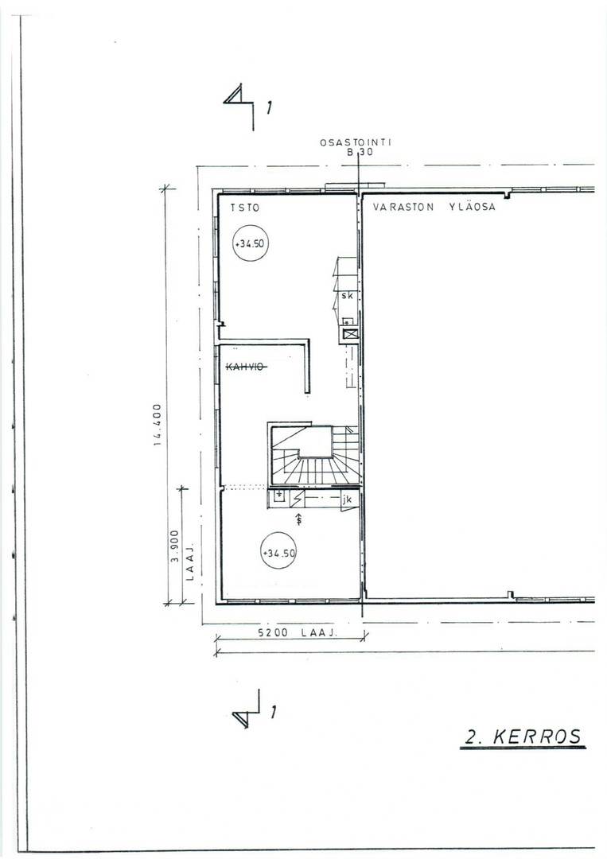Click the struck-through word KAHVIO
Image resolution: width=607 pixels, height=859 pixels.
click(247, 367)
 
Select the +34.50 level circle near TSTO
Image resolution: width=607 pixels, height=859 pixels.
click(251, 243)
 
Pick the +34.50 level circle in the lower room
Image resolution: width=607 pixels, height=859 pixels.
click(279, 551)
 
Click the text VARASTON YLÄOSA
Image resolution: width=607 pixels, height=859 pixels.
click(434, 207)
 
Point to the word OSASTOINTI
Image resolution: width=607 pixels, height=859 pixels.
click(356, 142)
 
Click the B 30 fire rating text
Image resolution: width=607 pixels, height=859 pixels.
click(360, 152)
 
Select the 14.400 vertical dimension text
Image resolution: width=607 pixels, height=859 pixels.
click(158, 425)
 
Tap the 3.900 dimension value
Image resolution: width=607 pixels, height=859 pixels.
click(174, 545)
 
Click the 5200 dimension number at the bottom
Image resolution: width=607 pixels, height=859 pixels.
click(273, 633)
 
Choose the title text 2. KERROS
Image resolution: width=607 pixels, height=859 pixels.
click(523, 736)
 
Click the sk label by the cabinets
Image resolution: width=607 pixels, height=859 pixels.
click(347, 295)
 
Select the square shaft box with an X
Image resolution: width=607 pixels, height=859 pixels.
click(349, 332)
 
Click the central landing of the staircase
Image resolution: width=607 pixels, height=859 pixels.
click(316, 442)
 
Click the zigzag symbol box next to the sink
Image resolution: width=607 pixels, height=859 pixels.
click(298, 499)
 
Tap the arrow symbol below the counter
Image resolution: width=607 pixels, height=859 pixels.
click(298, 519)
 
